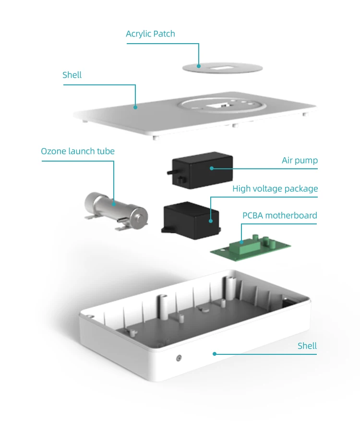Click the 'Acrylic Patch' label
pyautogui.click(x=150, y=34)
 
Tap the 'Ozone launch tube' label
pyautogui.click(x=78, y=152)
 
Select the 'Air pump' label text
pyautogui.click(x=300, y=161)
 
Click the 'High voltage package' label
pyautogui.click(x=275, y=189)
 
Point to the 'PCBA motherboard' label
pyautogui.click(x=279, y=216)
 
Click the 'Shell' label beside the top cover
pyautogui.click(x=72, y=75)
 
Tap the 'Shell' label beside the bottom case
pyautogui.click(x=307, y=346)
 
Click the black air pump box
pyautogui.click(x=202, y=168)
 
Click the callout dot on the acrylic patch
pyautogui.click(x=198, y=66)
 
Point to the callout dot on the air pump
pyautogui.click(x=211, y=168)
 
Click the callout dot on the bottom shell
pyautogui.click(x=215, y=354)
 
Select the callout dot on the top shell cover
pyautogui.click(x=135, y=107)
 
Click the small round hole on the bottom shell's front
pyautogui.click(x=179, y=358)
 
